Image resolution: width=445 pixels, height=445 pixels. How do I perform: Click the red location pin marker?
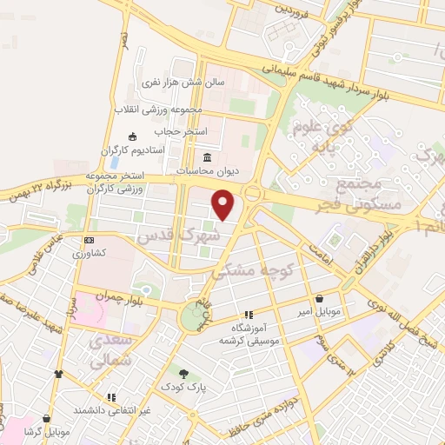(224, 205)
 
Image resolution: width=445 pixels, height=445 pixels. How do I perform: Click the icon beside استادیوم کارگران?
(132, 136)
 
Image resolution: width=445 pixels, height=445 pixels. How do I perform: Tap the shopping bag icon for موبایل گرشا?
(46, 418)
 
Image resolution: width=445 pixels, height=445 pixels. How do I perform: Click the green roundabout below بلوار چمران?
(190, 318)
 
